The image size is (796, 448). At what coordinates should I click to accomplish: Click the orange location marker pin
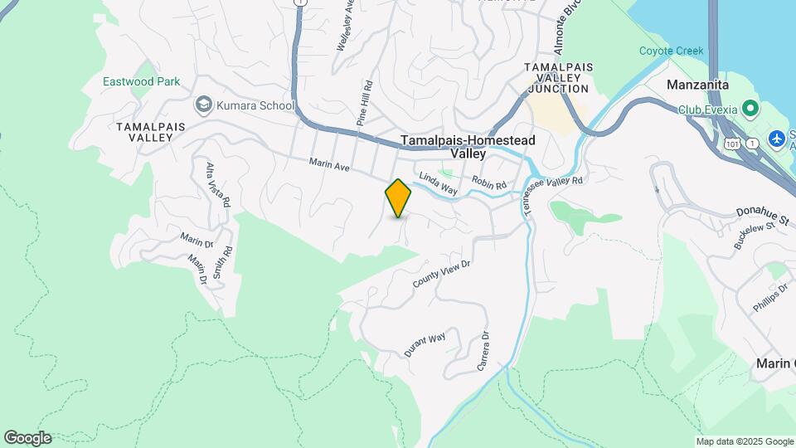pos(398,198)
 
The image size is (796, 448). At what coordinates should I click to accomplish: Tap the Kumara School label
pos(256,105)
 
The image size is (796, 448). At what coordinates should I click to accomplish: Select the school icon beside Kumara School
pos(203,105)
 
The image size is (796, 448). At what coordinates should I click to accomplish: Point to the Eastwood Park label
pos(142,82)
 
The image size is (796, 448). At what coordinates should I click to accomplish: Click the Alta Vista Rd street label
pos(211,183)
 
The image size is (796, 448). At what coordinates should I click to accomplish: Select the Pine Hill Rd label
pos(363,104)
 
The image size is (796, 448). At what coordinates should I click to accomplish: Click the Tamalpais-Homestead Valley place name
pos(468,147)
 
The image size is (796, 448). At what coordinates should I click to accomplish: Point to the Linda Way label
pos(438,183)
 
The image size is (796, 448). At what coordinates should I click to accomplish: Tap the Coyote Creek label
pos(671,51)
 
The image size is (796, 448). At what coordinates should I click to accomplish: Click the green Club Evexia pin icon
pos(750,109)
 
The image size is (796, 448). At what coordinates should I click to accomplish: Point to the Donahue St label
pos(764,212)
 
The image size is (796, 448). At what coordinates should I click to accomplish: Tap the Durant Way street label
pos(425,343)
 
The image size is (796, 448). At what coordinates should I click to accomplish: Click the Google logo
pos(27,438)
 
